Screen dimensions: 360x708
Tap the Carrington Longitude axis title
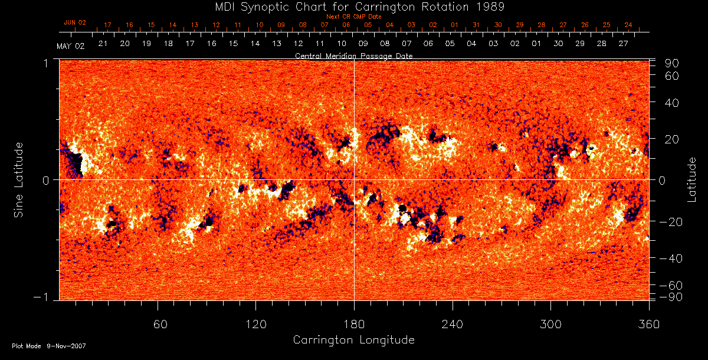click(x=353, y=340)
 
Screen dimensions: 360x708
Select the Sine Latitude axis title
click(x=19, y=179)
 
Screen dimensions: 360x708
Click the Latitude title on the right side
click(x=692, y=179)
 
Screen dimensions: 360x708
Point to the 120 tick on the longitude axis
click(x=256, y=325)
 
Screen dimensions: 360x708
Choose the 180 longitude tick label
click(x=354, y=325)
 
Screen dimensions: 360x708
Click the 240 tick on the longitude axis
click(x=453, y=325)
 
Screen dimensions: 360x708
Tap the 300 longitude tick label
click(x=550, y=325)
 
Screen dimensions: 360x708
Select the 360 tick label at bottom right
click(x=649, y=325)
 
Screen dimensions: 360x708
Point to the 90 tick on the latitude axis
click(x=673, y=63)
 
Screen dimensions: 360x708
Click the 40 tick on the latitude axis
click(x=673, y=103)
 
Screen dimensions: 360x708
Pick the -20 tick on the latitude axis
click(x=670, y=222)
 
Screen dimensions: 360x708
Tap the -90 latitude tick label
click(x=670, y=296)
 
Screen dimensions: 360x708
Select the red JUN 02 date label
click(x=75, y=22)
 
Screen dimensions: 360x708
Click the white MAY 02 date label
click(x=70, y=46)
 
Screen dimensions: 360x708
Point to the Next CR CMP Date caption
click(x=353, y=17)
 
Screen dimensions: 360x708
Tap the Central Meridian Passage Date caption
click(x=353, y=55)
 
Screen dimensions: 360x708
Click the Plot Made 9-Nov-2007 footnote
click(x=49, y=346)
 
